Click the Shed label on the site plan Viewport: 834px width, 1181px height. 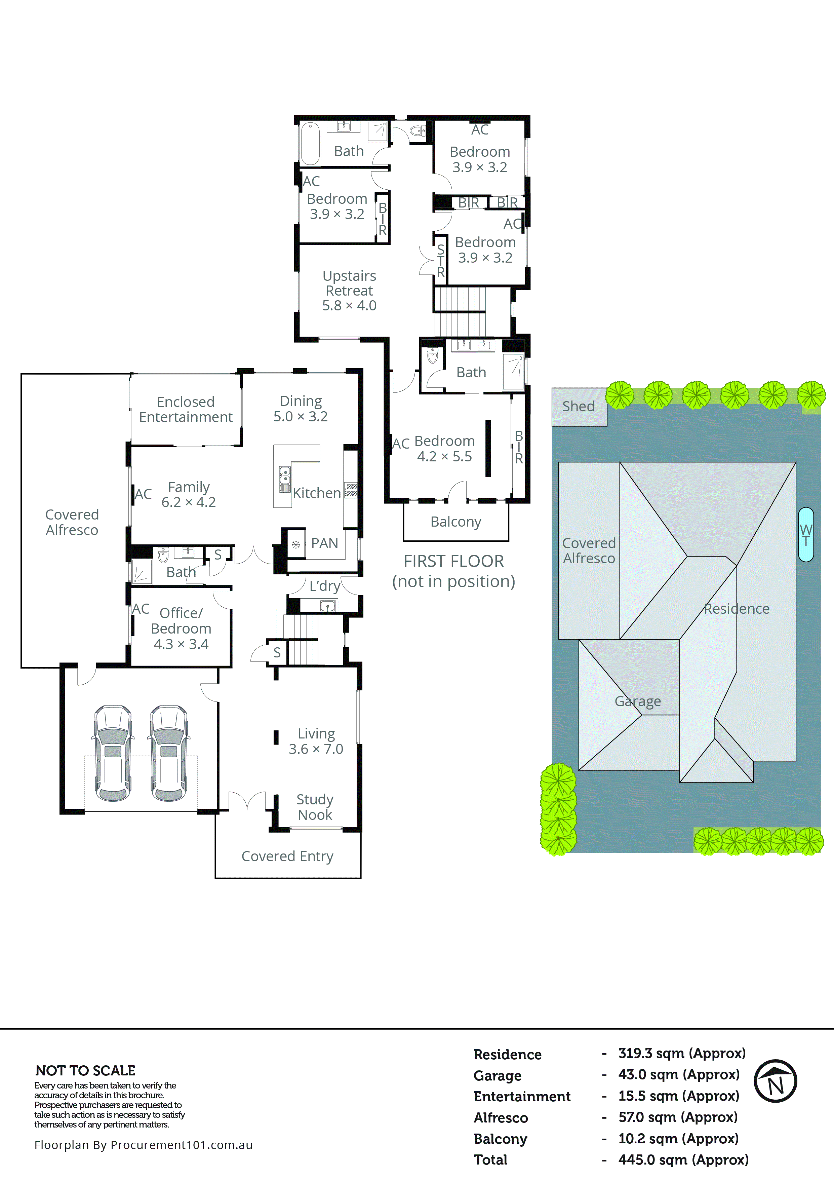[579, 406]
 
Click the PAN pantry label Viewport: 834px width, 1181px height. [324, 543]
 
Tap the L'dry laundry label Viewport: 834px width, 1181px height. [324, 586]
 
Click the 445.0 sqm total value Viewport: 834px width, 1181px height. [683, 1159]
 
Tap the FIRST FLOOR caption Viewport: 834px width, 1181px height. [453, 561]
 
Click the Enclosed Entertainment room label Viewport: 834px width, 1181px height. [186, 410]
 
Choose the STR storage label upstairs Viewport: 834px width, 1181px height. [441, 261]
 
